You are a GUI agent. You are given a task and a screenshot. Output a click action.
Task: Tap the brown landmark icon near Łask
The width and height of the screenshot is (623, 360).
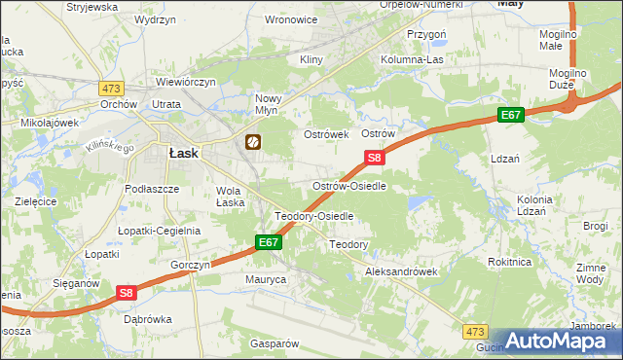(x=252, y=143)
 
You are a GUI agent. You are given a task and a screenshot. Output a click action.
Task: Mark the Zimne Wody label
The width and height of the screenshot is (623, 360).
(x=590, y=272)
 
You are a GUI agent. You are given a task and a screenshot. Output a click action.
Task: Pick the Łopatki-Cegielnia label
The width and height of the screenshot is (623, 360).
(x=159, y=231)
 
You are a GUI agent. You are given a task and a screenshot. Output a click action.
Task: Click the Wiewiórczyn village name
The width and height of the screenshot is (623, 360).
(x=180, y=83)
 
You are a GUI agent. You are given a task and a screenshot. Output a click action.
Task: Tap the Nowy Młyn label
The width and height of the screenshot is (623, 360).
(x=268, y=104)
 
